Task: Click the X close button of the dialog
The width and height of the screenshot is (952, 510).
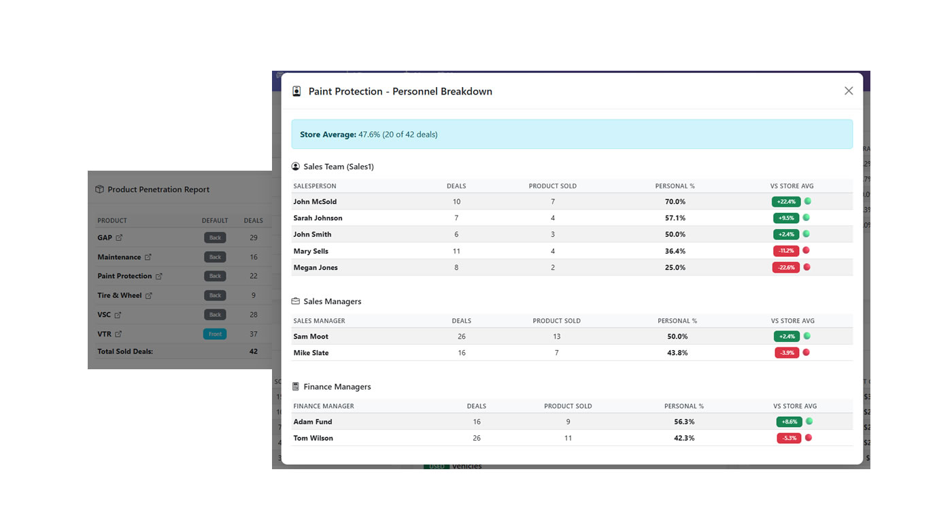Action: point(848,91)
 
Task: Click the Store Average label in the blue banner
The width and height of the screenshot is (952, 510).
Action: point(328,135)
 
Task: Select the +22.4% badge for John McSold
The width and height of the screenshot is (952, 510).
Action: point(785,201)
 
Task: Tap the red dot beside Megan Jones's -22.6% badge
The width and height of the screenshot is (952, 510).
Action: point(807,267)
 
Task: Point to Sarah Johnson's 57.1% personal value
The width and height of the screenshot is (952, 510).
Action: point(675,218)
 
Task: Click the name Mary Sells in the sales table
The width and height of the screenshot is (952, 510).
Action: point(311,251)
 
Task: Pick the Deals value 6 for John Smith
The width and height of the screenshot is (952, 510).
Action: point(456,235)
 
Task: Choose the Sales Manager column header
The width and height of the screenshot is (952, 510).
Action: point(319,321)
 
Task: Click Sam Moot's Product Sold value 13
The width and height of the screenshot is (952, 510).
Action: point(556,337)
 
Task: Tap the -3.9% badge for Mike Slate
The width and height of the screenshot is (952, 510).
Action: point(787,353)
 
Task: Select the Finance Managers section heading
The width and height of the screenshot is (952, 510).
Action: point(337,387)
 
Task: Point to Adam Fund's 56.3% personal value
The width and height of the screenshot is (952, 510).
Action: point(683,422)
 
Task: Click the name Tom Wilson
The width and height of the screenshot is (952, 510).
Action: point(313,438)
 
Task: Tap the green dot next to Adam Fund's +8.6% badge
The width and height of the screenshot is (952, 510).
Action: point(809,422)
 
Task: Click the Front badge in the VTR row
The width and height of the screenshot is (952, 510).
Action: point(215,334)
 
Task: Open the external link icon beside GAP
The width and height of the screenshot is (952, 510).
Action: point(119,238)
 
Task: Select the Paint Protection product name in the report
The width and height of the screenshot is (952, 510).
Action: point(124,276)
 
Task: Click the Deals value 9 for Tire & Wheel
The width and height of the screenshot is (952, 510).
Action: point(254,295)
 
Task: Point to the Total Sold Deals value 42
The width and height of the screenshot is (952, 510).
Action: point(254,352)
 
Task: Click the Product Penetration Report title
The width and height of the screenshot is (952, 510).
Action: point(158,190)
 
